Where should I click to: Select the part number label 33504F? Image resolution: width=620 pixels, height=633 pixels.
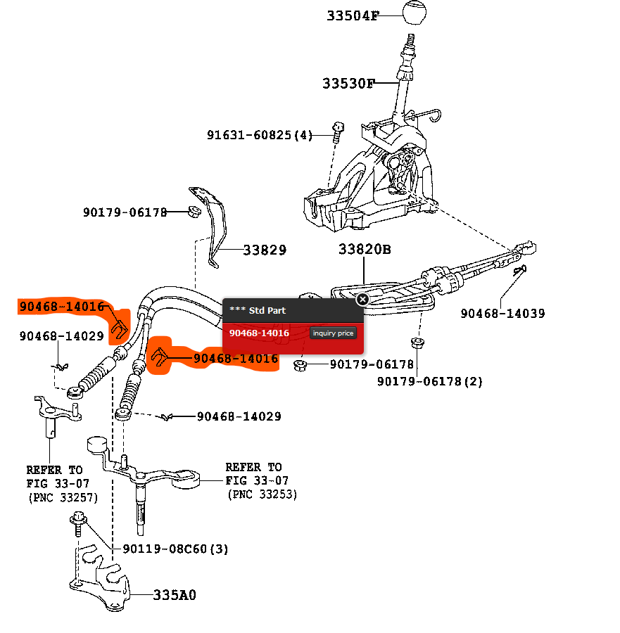(x=352, y=15)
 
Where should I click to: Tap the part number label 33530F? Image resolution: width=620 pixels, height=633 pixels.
(x=349, y=84)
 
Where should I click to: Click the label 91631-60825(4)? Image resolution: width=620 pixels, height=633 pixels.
(x=259, y=134)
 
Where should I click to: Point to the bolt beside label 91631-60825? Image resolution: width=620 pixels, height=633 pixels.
(x=337, y=129)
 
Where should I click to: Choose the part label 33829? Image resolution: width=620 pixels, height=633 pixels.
(x=265, y=250)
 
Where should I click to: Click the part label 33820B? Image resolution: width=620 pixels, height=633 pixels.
(x=365, y=250)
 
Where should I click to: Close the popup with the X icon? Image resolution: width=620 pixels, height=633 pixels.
(x=362, y=300)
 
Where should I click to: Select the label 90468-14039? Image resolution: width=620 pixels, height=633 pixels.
(x=502, y=314)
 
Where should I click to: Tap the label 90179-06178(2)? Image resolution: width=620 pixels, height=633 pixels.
(x=429, y=381)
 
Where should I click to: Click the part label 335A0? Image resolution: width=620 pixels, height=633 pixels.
(x=175, y=595)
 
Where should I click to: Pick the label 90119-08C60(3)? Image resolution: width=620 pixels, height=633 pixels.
(x=175, y=549)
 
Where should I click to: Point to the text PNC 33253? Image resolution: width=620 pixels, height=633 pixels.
(x=262, y=495)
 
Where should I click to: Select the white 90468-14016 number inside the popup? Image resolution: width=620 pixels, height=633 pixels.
(x=259, y=333)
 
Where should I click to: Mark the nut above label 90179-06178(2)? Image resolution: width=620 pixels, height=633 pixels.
(x=416, y=345)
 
